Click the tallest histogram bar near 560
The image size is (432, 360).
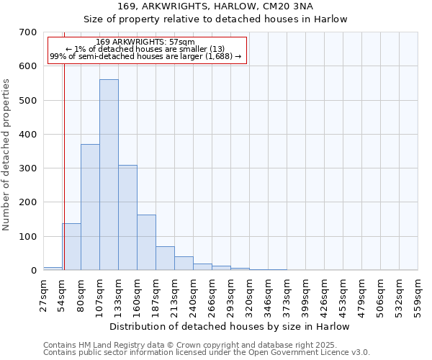109,174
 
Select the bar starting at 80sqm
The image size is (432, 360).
90,207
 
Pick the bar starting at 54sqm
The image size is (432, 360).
71,246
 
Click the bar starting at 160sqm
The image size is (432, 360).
146,242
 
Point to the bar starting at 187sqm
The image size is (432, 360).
165,258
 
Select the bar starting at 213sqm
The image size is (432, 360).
184,263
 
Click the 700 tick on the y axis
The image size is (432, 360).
28,32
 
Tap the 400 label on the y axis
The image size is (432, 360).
28,135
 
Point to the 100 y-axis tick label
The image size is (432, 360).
28,237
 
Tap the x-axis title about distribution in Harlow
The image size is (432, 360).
230,326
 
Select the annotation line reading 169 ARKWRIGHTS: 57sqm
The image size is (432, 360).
145,42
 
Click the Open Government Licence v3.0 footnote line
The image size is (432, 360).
207,353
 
